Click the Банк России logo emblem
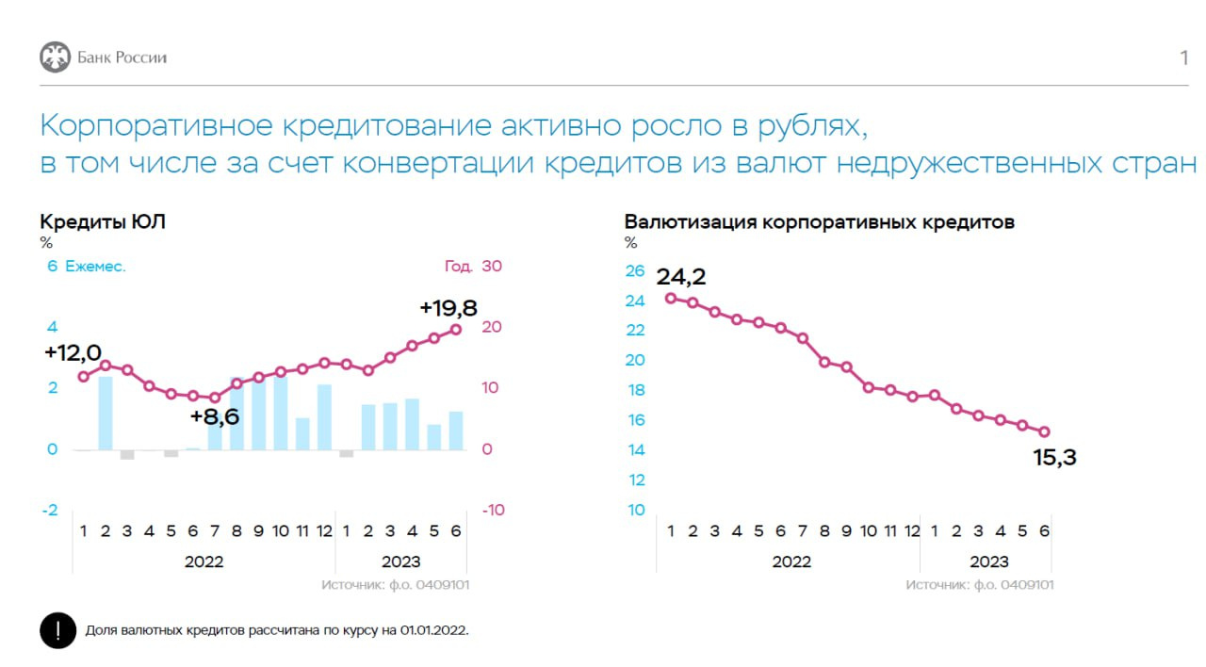tap(55, 57)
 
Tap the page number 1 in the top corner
tap(1183, 58)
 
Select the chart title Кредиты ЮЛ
tap(103, 222)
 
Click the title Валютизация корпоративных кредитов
tap(819, 222)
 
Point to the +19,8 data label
tap(448, 307)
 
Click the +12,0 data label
tap(73, 352)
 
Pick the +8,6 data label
tap(215, 416)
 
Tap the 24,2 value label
tap(680, 277)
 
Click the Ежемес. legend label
tap(95, 267)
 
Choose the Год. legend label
tap(459, 267)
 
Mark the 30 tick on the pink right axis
tap(492, 267)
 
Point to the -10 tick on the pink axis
tap(492, 510)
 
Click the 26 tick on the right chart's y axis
tap(635, 271)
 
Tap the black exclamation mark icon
tap(57, 630)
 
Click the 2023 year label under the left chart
tap(400, 562)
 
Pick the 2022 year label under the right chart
tap(791, 562)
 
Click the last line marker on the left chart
tap(456, 329)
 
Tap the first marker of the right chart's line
tap(670, 298)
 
